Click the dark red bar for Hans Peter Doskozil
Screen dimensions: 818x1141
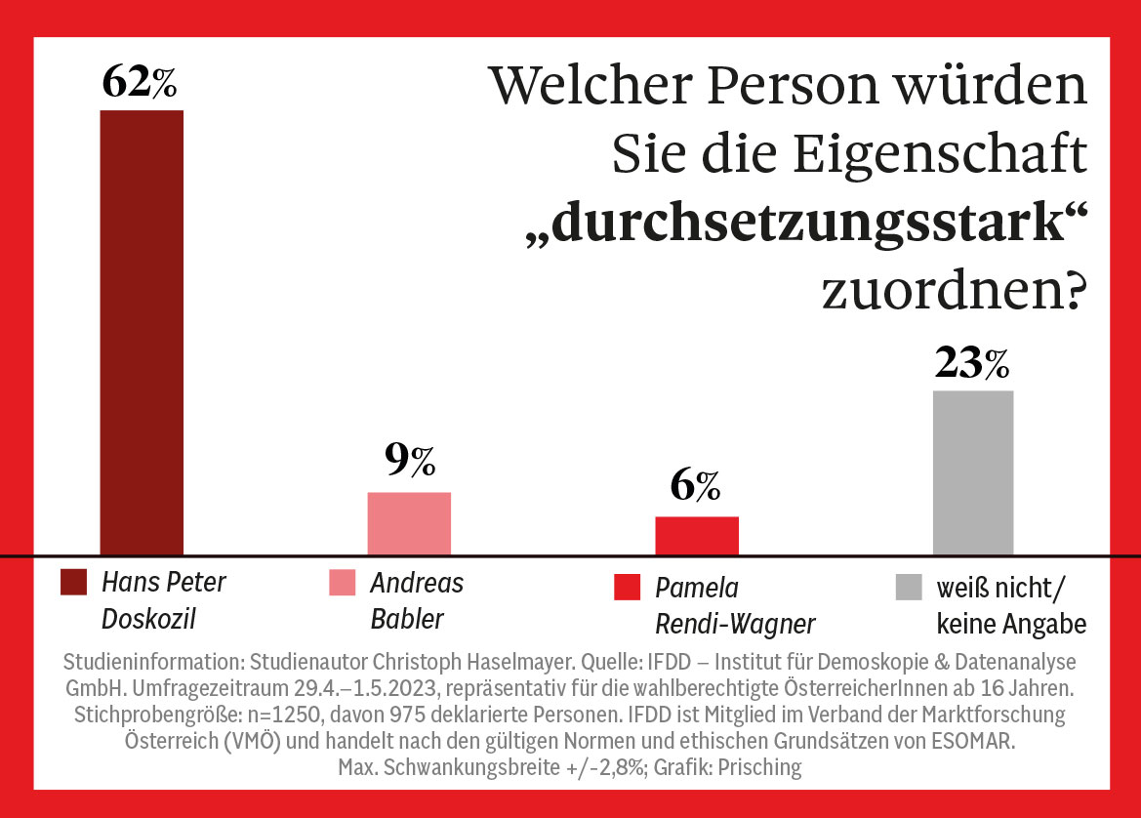coord(142,332)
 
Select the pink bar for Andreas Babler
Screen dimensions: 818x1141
coord(409,523)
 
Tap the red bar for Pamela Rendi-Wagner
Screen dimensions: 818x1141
coord(696,535)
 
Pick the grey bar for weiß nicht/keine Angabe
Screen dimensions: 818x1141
coord(972,472)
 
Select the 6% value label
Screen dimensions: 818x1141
coord(696,485)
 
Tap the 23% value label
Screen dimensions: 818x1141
coord(972,363)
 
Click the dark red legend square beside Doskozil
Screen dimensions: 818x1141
coord(74,583)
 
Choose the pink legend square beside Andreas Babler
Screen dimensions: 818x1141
coord(343,584)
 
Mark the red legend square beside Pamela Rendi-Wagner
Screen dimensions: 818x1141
coord(627,588)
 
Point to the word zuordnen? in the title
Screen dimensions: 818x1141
coord(954,291)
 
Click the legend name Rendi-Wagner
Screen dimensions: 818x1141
coord(735,623)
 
